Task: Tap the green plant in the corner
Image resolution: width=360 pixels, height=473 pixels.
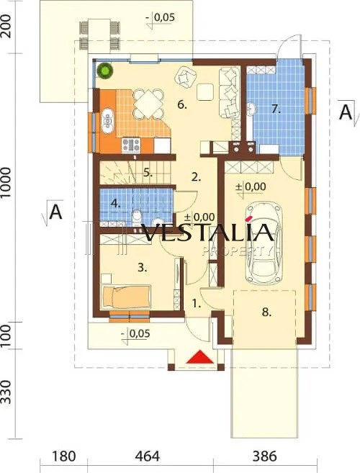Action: [x=104, y=71]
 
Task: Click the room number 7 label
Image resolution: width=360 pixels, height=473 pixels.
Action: [x=276, y=109]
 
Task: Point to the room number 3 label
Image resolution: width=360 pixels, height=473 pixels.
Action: [x=142, y=268]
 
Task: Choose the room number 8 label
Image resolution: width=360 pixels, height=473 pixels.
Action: [x=266, y=312]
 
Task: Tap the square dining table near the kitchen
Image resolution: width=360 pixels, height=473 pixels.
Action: [x=148, y=104]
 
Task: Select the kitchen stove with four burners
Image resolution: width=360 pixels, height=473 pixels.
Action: [x=131, y=145]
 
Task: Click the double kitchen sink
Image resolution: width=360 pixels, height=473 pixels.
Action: [x=107, y=121]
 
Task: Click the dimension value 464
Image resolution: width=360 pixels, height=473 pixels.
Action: [x=148, y=456]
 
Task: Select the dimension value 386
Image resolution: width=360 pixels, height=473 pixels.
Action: [x=264, y=456]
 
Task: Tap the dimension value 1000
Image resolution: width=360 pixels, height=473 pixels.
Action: [x=6, y=183]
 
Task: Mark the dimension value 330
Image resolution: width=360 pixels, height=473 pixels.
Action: [x=6, y=392]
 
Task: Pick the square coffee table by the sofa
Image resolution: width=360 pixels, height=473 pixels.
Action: [x=205, y=92]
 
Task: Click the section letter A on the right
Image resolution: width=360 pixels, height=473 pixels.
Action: [x=346, y=112]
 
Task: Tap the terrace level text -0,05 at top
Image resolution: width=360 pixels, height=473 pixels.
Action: [x=161, y=17]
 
